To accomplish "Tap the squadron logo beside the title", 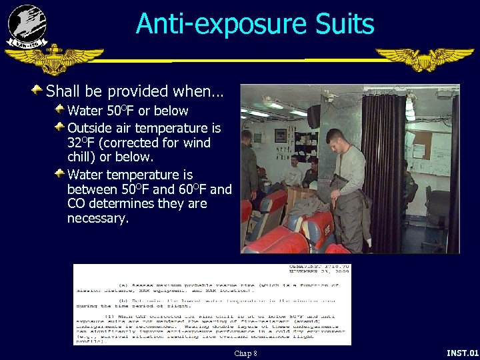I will click(27, 25).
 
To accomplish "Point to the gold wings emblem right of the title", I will click(424, 58).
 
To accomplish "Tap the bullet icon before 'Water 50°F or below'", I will click(60, 109).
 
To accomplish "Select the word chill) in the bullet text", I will click(83, 157).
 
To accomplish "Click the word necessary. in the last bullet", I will click(97, 219).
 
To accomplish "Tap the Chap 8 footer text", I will click(245, 353).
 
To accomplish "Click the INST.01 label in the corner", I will click(462, 353).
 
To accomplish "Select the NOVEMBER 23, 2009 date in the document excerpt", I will click(319, 273).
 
